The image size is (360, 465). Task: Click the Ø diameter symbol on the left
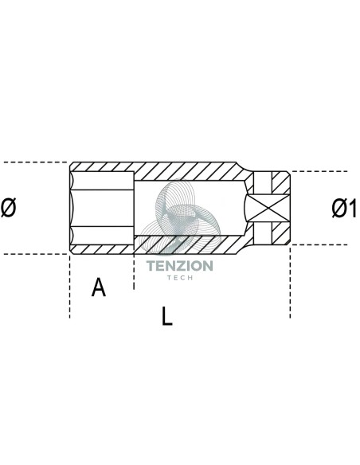tap(8, 208)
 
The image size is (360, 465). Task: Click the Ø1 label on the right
tap(344, 208)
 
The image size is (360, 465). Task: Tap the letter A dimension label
tap(99, 287)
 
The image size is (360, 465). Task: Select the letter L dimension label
tap(167, 316)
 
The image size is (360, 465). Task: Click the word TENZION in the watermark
tap(180, 266)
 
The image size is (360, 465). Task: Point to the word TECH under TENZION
tap(180, 278)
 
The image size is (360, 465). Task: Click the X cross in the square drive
tap(268, 208)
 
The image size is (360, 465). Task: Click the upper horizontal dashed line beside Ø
tap(34, 162)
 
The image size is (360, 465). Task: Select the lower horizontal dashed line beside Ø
tap(34, 254)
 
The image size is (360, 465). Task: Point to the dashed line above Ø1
tap(319, 171)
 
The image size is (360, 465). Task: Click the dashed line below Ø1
tap(319, 245)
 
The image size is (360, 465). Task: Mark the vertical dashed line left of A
tap(70, 287)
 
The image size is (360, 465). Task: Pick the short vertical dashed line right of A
tap(134, 272)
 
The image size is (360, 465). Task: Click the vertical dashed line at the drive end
tap(291, 282)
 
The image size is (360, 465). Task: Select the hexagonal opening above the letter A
tap(102, 208)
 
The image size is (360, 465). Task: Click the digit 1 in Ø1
tap(351, 208)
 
